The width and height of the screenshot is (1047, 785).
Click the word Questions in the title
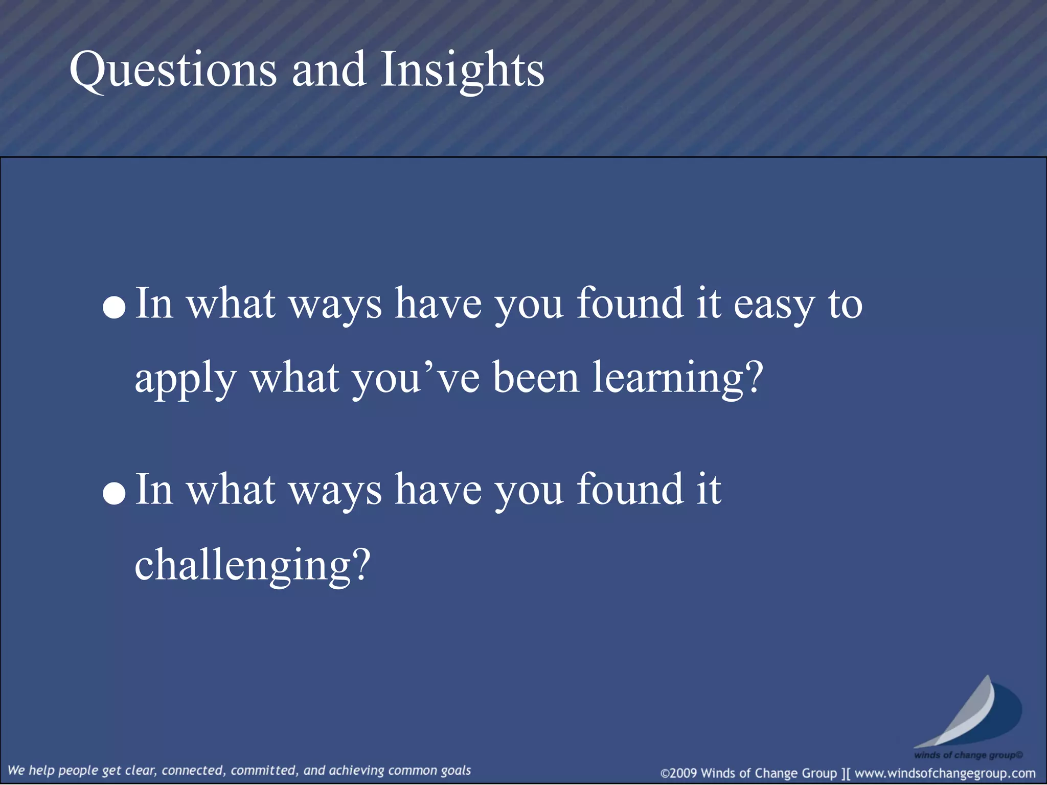click(173, 70)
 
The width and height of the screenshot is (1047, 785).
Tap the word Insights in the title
click(462, 70)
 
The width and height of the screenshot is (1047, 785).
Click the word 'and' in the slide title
click(329, 70)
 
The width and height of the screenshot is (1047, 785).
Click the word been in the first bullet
click(536, 378)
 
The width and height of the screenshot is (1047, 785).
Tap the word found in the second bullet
click(630, 490)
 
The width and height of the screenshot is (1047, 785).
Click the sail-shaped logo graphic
click(969, 713)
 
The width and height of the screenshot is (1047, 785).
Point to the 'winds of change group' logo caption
click(968, 755)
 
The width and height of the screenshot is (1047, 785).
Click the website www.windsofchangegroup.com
click(945, 773)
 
